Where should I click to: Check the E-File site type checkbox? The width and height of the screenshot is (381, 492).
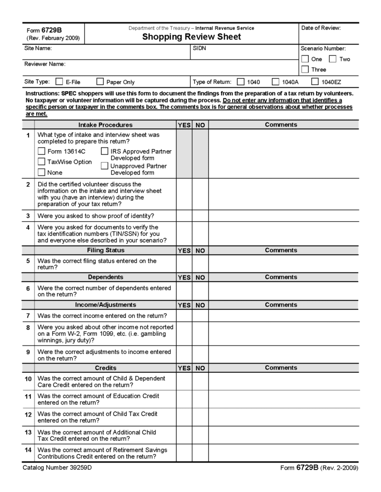point(59,82)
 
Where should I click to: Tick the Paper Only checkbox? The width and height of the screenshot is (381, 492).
point(100,82)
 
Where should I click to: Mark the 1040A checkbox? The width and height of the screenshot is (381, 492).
point(275,82)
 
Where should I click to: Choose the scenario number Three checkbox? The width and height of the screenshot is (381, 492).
point(304,69)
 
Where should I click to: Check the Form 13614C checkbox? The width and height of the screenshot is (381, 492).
point(42,151)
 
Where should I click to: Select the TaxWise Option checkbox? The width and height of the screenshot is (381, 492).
point(42,162)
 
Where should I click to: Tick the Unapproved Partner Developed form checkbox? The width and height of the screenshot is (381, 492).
point(105,166)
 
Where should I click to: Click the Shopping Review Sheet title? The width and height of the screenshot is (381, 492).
point(191,37)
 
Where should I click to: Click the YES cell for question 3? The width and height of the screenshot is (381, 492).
point(184,216)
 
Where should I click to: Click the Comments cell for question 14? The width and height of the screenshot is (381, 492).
point(283,452)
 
